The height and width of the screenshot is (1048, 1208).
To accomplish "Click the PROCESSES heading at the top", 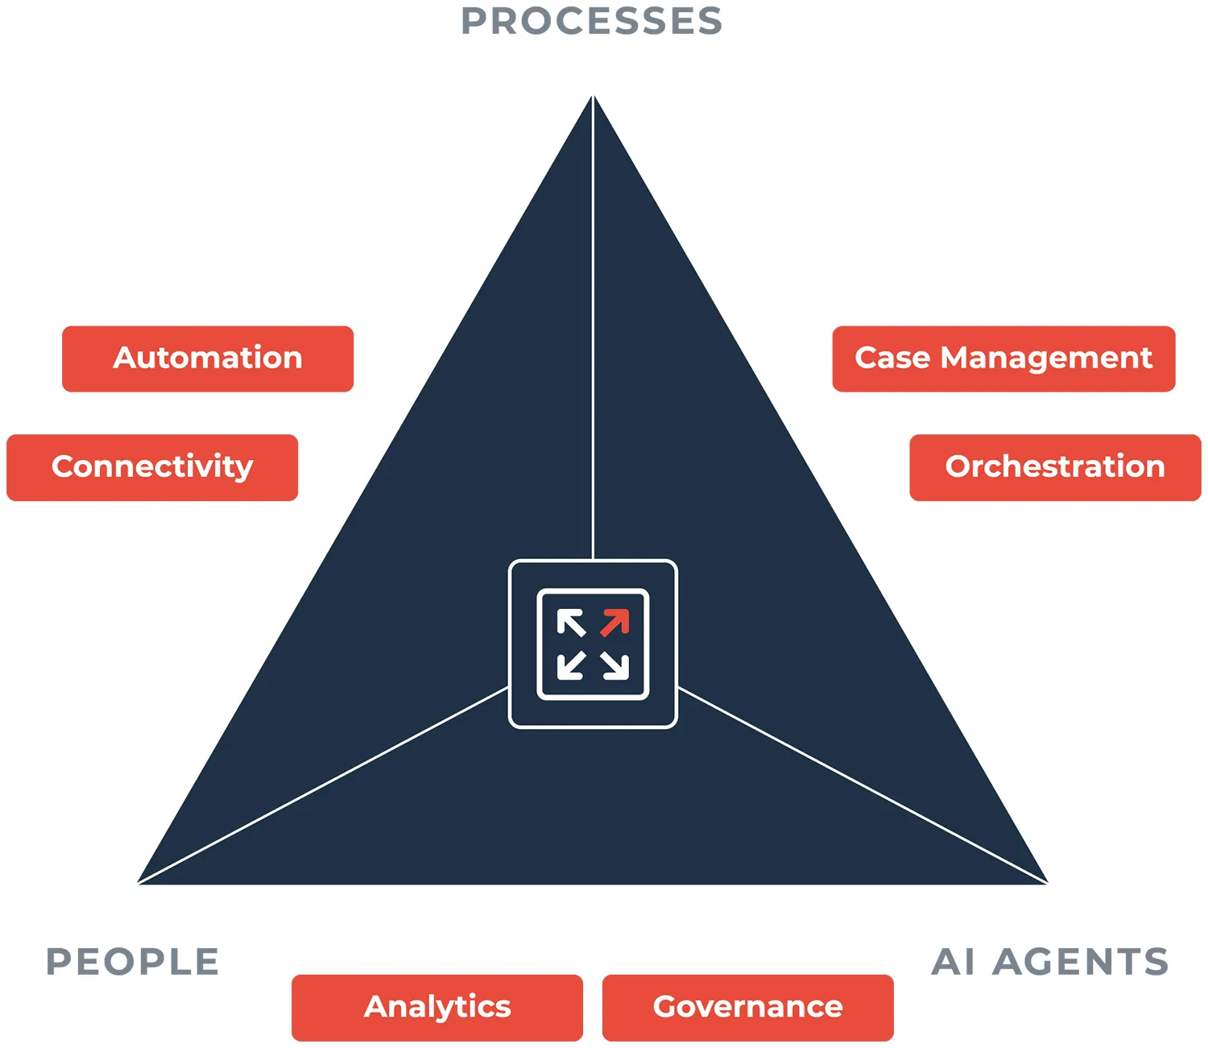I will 592,22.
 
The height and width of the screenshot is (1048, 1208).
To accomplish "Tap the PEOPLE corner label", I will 133,962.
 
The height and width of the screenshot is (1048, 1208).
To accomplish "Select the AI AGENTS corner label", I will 1050,962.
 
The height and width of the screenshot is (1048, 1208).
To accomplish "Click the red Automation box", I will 208,358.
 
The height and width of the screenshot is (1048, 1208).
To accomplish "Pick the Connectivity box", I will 152,467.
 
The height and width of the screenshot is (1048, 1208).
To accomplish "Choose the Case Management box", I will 1003,358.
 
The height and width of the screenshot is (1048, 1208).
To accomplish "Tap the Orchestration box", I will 1055,467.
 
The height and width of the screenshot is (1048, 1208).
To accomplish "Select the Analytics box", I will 437,1007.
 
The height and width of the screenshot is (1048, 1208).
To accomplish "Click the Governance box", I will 747,1007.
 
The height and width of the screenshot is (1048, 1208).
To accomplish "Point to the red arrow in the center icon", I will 615,623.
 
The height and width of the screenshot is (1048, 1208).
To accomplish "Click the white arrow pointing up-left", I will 571,623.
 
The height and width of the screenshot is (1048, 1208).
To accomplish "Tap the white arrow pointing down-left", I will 571,665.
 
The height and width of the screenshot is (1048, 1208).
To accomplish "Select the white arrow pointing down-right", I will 615,665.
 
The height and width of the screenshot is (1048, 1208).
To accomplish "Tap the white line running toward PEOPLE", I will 322,785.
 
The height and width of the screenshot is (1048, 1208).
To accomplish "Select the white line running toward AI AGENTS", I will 862,785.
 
